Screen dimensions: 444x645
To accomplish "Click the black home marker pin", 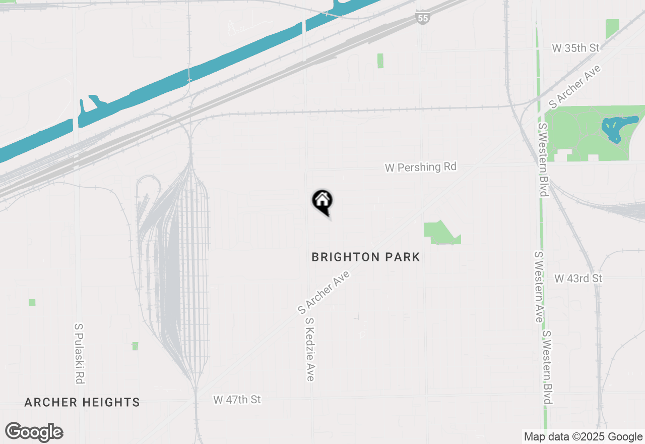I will coord(322,201).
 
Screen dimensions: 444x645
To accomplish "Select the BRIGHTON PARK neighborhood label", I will coord(365,257).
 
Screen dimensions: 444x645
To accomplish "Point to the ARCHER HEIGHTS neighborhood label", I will coord(82,402).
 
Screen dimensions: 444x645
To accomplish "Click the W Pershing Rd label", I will coord(421,167).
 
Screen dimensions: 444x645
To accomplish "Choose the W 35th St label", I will coord(576,48).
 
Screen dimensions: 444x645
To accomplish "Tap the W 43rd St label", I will coord(578,279).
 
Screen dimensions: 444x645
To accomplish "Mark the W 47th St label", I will coord(237,400).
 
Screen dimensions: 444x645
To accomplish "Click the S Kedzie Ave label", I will coord(310,349).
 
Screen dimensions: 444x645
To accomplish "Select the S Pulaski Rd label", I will coord(79,353).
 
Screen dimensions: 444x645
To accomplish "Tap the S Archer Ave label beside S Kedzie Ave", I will coord(324,291).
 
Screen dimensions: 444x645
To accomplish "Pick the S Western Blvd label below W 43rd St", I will coord(548,367).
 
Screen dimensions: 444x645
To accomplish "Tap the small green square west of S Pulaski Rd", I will coord(32,302).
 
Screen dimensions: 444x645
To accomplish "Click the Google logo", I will coord(34,432).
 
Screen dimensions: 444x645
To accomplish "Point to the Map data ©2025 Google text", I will coord(583,437).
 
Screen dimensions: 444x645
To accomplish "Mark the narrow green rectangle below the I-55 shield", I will coord(380,61).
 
